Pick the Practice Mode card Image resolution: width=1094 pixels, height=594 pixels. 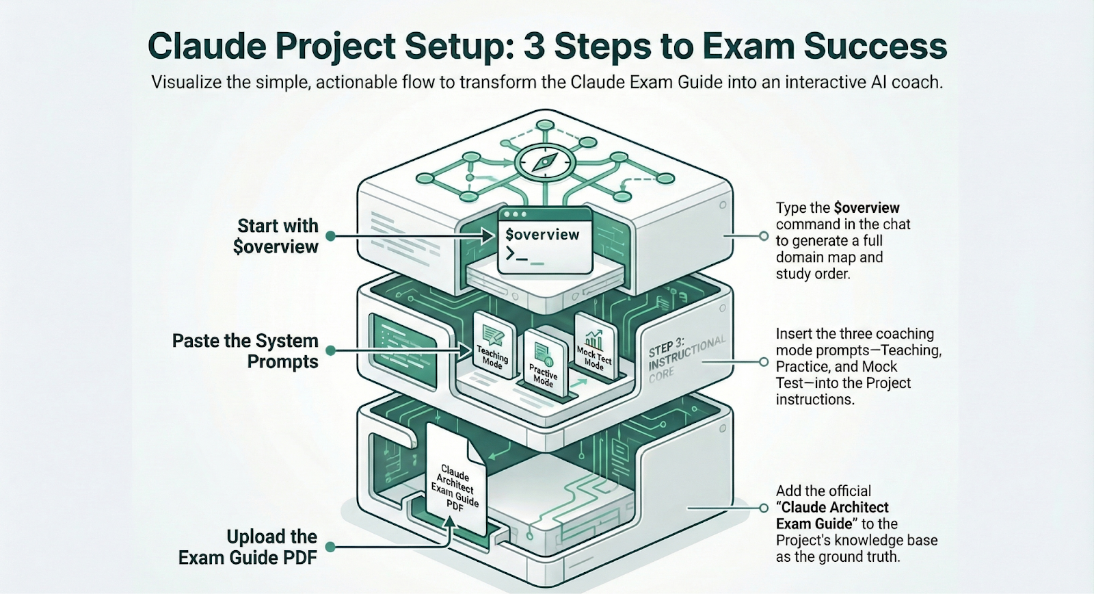click(x=544, y=363)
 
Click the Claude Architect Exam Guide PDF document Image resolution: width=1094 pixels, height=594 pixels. click(x=455, y=482)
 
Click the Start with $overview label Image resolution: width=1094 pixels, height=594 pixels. click(x=277, y=236)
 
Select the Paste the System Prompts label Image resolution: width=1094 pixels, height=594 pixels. click(x=245, y=351)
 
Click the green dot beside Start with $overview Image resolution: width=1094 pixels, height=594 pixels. click(x=331, y=236)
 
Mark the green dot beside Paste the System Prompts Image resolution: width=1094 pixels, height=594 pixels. click(x=331, y=351)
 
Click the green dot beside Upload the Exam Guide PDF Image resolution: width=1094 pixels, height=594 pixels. click(x=331, y=547)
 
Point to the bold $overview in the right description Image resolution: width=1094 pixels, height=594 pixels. click(x=867, y=208)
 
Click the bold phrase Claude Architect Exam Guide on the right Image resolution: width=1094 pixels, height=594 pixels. click(x=833, y=516)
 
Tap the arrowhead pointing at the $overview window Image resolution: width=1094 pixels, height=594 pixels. click(x=488, y=237)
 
